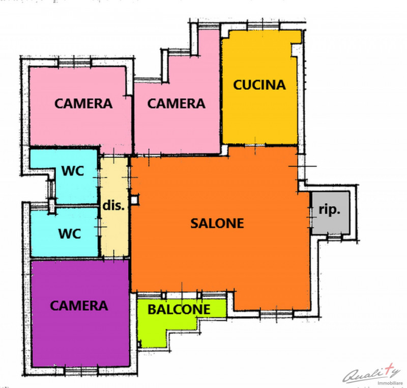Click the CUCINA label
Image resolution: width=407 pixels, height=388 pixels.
[259, 85]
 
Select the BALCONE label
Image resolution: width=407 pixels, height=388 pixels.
[179, 309]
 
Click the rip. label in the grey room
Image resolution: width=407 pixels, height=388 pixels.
[330, 210]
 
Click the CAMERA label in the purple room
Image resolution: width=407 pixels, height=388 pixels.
[79, 305]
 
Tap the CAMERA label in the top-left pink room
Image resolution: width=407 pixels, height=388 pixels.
[83, 104]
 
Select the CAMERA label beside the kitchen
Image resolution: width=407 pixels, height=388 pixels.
[176, 104]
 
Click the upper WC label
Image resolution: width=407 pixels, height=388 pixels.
[73, 171]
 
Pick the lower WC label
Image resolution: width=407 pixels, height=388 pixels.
[69, 234]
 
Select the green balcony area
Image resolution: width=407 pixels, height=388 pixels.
[153, 331]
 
